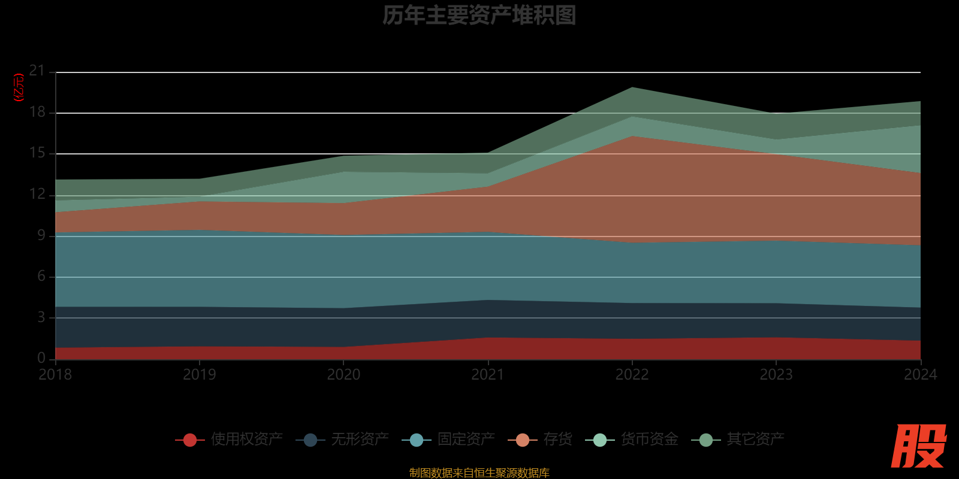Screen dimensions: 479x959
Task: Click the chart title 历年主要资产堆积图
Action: [479, 16]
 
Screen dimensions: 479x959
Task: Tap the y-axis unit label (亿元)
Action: [19, 87]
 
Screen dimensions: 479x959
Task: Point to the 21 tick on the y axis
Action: [37, 71]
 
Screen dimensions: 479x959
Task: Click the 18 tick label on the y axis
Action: [37, 112]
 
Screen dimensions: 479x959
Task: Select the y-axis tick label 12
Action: [37, 194]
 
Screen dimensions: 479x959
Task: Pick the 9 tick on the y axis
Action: [41, 235]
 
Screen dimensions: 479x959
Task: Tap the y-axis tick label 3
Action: [41, 317]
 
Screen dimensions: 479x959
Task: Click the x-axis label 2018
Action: [55, 375]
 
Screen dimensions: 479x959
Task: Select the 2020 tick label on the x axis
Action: [343, 375]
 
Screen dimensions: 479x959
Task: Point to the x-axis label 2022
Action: [632, 375]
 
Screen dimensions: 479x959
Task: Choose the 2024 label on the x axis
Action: [920, 375]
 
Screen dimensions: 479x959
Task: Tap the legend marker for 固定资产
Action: [417, 440]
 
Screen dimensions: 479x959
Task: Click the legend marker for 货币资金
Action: [600, 440]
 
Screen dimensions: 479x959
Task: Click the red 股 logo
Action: [918, 446]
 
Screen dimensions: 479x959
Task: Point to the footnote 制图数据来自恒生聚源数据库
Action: [479, 473]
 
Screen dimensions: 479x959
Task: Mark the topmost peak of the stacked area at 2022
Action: [632, 87]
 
